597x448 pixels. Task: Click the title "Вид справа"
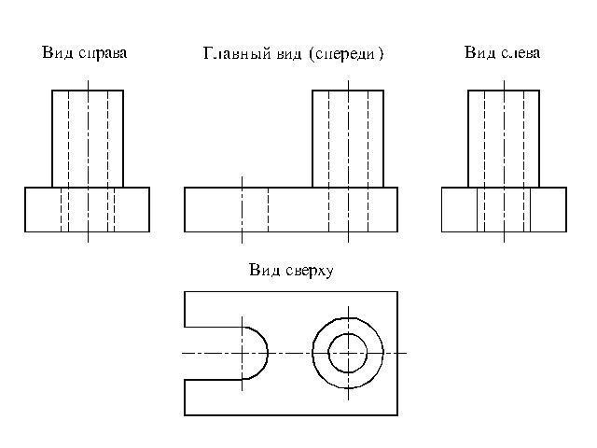click(84, 53)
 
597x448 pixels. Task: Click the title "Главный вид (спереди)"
click(293, 53)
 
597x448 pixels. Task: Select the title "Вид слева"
click(502, 52)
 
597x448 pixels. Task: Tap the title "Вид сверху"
click(291, 271)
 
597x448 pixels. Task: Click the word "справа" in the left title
click(103, 54)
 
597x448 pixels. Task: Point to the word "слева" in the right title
click(521, 52)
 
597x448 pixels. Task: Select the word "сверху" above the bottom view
click(310, 272)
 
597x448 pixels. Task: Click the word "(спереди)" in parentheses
click(346, 54)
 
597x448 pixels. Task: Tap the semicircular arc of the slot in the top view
click(268, 353)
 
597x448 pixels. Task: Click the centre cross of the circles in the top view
click(348, 353)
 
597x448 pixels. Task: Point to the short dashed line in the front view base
click(268, 209)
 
